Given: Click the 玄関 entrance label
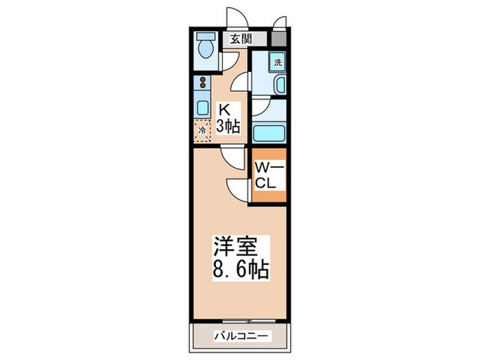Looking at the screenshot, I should (240, 39).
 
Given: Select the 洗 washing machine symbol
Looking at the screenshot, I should (277, 62).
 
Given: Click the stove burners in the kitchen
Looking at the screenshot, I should (202, 84).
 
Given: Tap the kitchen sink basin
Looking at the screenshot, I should (202, 107).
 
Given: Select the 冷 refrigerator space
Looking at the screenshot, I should (202, 129).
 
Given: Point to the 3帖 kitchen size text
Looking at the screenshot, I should (228, 125).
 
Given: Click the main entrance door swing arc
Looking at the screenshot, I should (235, 17).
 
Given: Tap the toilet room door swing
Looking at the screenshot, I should (226, 60).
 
